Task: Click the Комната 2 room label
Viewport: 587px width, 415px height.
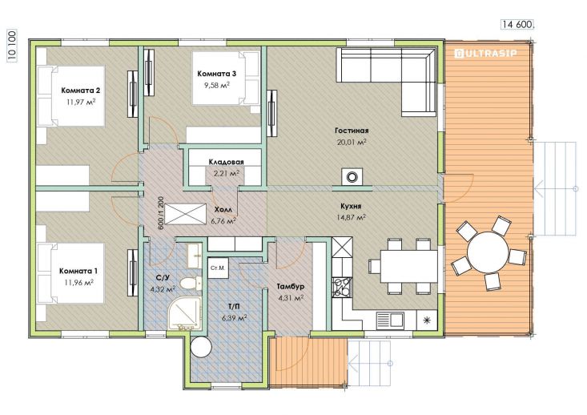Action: [81, 91]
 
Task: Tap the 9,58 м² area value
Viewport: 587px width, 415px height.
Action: [216, 85]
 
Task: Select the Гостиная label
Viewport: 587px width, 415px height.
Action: [352, 131]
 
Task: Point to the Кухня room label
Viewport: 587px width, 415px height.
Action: [351, 207]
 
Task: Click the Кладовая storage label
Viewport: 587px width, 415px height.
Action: [226, 162]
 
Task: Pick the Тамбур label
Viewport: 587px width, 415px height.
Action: [291, 287]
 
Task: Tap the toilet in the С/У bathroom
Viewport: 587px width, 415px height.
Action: [190, 283]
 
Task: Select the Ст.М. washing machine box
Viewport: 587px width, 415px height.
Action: [218, 268]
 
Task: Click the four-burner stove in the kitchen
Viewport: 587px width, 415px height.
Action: [342, 287]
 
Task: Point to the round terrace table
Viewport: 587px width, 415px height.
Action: [488, 252]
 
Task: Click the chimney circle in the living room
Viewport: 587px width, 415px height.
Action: [352, 176]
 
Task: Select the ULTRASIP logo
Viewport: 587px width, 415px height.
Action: [485, 54]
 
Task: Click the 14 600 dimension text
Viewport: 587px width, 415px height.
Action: [517, 24]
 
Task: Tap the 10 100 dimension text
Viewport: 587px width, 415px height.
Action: [11, 46]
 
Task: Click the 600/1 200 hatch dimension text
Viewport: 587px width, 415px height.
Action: [161, 212]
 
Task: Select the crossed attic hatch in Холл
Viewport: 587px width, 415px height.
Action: [185, 214]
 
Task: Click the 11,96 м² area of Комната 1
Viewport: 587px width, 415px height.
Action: [78, 282]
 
